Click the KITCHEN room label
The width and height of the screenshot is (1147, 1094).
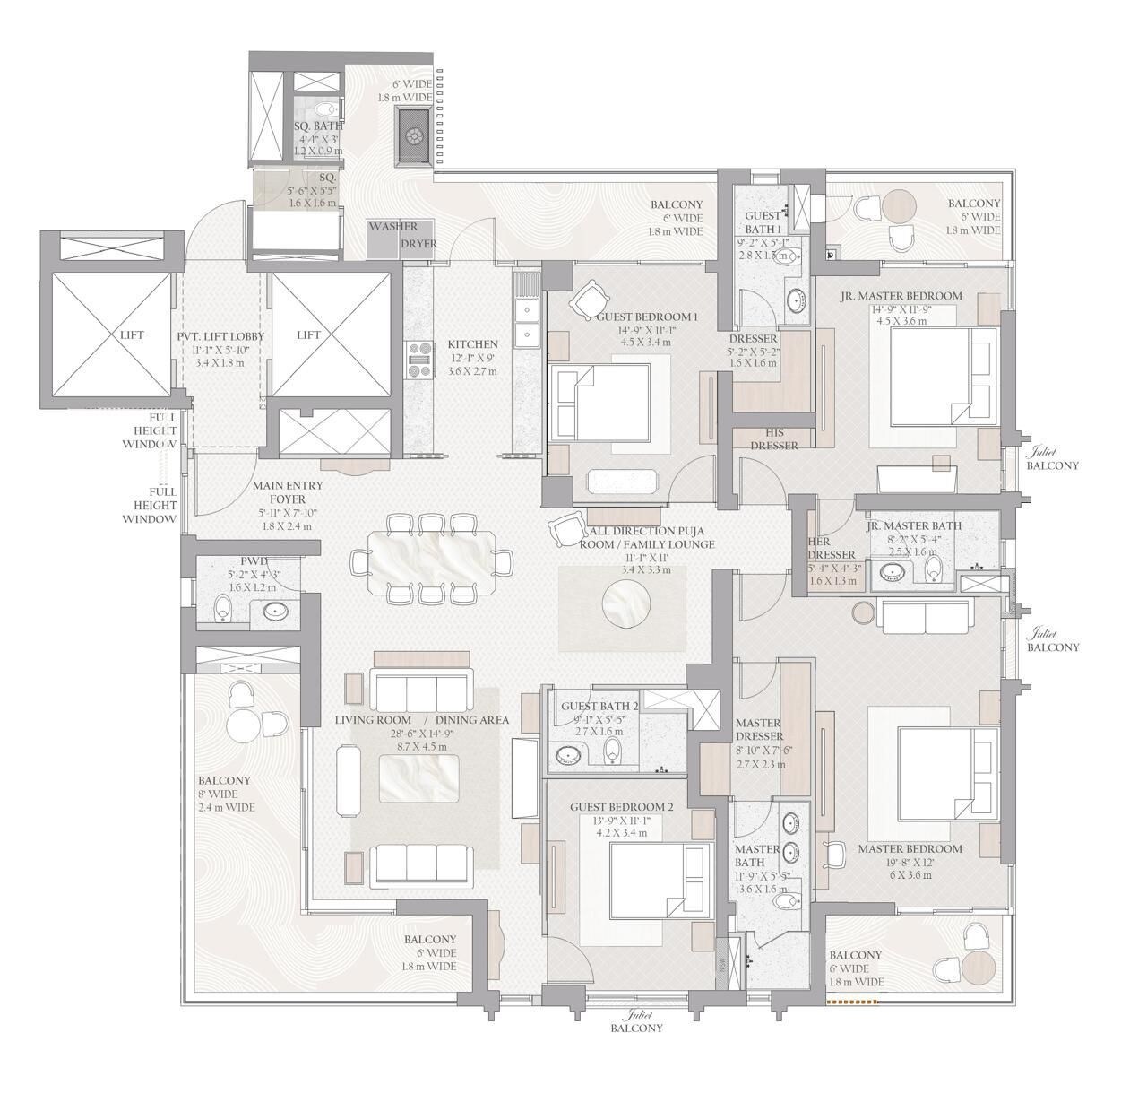pos(472,344)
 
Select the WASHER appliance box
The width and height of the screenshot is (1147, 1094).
pos(392,227)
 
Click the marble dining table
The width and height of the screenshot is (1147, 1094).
pos(431,561)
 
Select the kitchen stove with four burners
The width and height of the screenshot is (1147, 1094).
pos(419,360)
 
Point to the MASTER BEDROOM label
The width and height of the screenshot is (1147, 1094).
pos(910,848)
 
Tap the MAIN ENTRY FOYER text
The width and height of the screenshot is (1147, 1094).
pos(287,492)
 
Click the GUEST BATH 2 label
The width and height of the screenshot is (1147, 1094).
pos(599,706)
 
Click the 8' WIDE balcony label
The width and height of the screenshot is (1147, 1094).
pos(225,794)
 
